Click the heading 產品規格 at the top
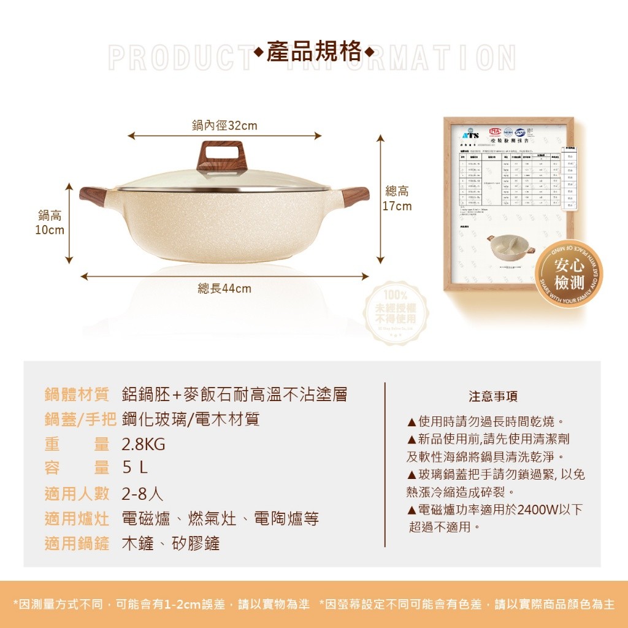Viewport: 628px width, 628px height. pyautogui.click(x=314, y=52)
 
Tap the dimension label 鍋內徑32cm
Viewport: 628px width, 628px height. pyautogui.click(x=224, y=126)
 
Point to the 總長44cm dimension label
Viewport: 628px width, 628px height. pyautogui.click(x=224, y=288)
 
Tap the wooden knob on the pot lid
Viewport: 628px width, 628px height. pyautogui.click(x=221, y=156)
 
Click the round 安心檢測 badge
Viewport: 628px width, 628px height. pyautogui.click(x=569, y=274)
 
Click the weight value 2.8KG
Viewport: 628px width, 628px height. pyautogui.click(x=144, y=445)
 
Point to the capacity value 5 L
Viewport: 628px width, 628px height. pyautogui.click(x=135, y=469)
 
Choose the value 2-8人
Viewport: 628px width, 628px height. pyautogui.click(x=142, y=494)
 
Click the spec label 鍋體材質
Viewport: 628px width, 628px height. pyautogui.click(x=77, y=394)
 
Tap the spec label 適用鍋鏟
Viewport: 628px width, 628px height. pyautogui.click(x=77, y=543)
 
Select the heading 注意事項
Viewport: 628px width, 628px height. pyautogui.click(x=492, y=397)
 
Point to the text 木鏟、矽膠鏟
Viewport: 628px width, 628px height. pyautogui.click(x=170, y=543)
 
